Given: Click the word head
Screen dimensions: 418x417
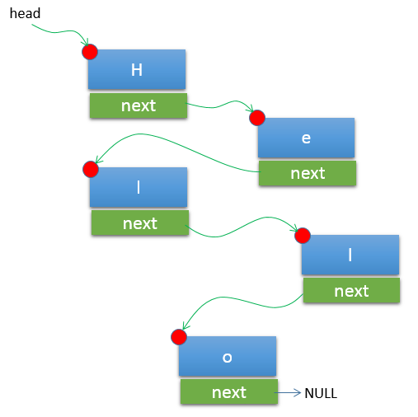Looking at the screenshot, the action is click(25, 13).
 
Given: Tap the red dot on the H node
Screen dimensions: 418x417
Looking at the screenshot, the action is click(90, 52).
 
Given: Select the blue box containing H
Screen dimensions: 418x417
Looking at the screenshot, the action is click(137, 69).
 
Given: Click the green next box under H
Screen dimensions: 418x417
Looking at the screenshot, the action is click(139, 105).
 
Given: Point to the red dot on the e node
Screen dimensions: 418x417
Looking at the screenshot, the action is click(257, 118).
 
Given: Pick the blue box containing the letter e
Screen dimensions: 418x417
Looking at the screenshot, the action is click(306, 138).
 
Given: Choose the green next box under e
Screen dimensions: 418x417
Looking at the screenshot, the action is click(308, 173).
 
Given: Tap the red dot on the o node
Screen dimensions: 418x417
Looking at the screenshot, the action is click(179, 337).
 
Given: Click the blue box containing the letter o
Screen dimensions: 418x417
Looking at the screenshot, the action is click(228, 356).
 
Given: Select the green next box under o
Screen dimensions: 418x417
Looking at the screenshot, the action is click(229, 392).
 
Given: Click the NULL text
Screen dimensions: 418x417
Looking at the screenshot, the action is click(321, 393).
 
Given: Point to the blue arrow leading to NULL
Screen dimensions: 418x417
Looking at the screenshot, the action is click(288, 393).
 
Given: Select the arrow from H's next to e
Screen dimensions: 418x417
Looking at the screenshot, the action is click(220, 105).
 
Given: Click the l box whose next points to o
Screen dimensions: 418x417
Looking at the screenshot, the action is click(350, 255).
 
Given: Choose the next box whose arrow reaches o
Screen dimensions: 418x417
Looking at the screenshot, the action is click(351, 290).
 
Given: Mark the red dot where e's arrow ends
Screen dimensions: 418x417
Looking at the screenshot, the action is click(91, 170).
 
